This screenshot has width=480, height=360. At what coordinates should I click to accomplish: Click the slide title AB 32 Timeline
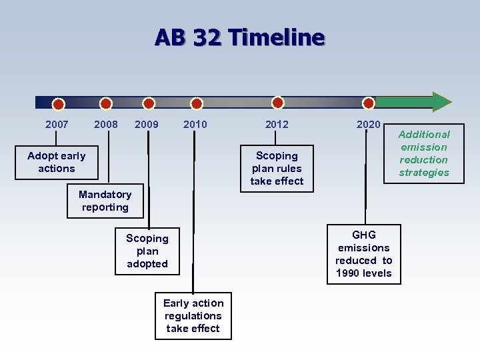click(x=239, y=37)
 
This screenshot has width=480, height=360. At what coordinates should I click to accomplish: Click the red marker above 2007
click(x=59, y=104)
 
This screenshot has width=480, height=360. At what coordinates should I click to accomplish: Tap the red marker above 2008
click(x=105, y=103)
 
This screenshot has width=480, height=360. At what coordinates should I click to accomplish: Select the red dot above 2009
click(x=149, y=103)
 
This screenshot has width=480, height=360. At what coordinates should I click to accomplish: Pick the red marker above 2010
click(x=196, y=103)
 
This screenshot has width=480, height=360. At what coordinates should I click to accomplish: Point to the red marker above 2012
click(x=278, y=103)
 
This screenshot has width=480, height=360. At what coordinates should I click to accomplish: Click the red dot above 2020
click(x=369, y=103)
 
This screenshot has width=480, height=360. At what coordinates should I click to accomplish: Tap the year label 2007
click(x=57, y=124)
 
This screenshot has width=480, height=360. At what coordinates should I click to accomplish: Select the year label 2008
click(x=106, y=124)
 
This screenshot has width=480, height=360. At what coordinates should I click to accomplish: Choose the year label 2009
click(x=147, y=124)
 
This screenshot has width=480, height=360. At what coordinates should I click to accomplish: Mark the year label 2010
click(x=195, y=124)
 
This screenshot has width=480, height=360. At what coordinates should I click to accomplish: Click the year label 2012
click(x=277, y=124)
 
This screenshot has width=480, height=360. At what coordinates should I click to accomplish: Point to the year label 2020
click(x=369, y=124)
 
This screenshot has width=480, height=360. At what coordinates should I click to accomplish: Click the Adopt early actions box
click(x=57, y=162)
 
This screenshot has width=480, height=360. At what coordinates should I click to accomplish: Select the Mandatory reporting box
click(x=105, y=201)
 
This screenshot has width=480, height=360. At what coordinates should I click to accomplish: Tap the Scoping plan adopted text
click(x=147, y=251)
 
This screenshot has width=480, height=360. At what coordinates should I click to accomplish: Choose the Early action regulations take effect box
click(x=193, y=315)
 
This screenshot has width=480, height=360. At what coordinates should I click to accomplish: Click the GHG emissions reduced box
click(x=364, y=254)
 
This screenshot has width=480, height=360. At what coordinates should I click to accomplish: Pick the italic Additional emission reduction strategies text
click(x=424, y=153)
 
